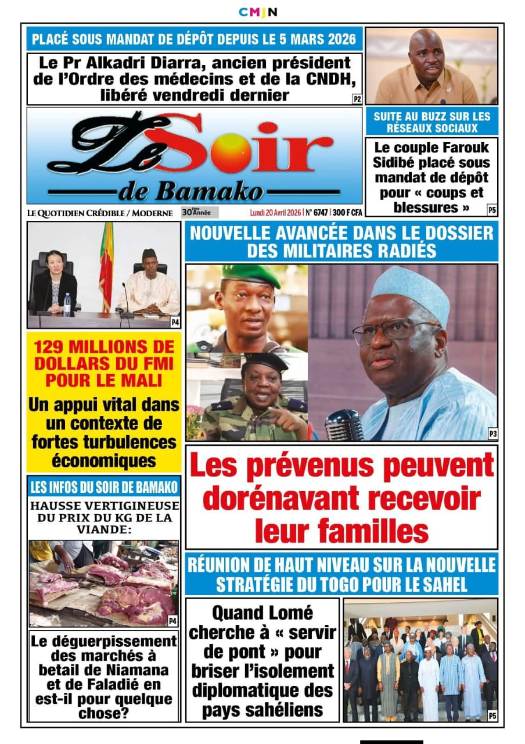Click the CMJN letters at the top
pos(258,12)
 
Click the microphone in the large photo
pos(343,424)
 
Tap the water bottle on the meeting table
pos(67,305)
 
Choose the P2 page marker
pos(357,99)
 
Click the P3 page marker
pos(492,434)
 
